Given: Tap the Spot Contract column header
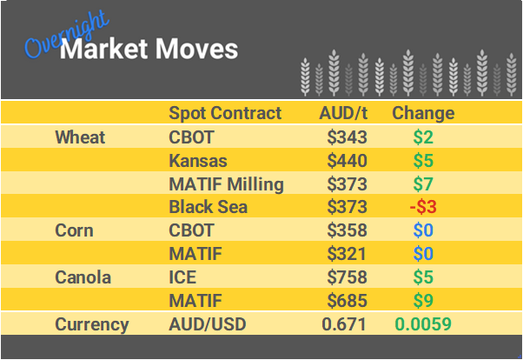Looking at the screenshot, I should [x=225, y=113].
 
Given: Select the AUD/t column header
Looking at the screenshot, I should [x=343, y=113].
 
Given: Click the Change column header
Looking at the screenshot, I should [x=423, y=113].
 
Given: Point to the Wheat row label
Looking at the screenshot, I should [x=80, y=137].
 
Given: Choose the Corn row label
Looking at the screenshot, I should [x=75, y=231].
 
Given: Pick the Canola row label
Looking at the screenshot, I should [x=83, y=277].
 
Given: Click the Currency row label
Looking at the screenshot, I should [x=92, y=324].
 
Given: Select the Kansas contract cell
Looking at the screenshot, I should [x=198, y=161].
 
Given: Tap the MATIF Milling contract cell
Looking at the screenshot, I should [x=226, y=184].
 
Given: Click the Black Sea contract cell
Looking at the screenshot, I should [x=208, y=207].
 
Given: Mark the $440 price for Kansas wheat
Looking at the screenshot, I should [x=348, y=161].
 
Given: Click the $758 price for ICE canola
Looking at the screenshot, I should [x=348, y=277].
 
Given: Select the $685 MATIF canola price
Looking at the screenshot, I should [x=348, y=301].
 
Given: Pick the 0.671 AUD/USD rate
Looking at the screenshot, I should [x=345, y=324].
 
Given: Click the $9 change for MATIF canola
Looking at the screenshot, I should [x=423, y=301].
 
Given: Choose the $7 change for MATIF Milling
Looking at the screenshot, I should [x=423, y=184].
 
